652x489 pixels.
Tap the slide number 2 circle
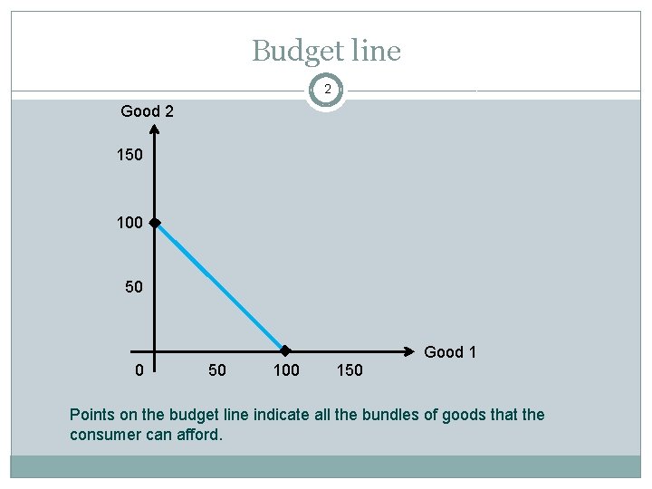point(326,90)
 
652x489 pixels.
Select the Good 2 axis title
point(148,111)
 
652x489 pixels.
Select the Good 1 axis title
point(450,352)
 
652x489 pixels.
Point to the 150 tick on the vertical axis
point(129,155)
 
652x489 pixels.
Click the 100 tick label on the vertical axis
point(129,222)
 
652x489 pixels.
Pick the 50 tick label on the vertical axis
point(134,287)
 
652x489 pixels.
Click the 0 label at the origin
point(138,369)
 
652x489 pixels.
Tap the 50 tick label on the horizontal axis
point(217,369)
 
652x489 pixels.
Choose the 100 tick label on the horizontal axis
point(286,369)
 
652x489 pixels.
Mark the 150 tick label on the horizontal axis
point(349,369)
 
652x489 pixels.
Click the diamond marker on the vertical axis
point(156,222)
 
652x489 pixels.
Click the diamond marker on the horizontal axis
point(284,350)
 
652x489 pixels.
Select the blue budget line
point(220,286)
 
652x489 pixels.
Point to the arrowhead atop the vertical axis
point(156,129)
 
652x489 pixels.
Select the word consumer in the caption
point(106,434)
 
